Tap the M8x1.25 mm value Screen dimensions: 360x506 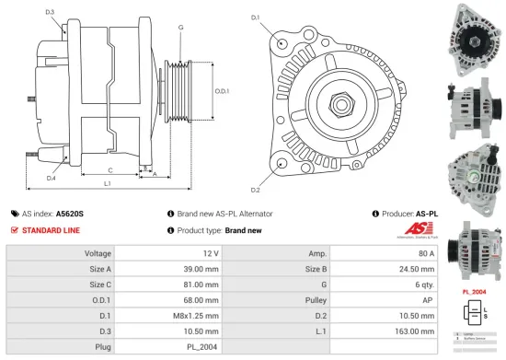203,315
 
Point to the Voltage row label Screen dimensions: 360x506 98,252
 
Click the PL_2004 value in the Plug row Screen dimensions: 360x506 203,346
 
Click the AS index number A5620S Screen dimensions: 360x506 69,213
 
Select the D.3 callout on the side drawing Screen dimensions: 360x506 49,12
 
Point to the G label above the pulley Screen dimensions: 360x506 180,28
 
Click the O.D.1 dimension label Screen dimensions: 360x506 222,91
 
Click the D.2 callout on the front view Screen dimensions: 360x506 255,190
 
